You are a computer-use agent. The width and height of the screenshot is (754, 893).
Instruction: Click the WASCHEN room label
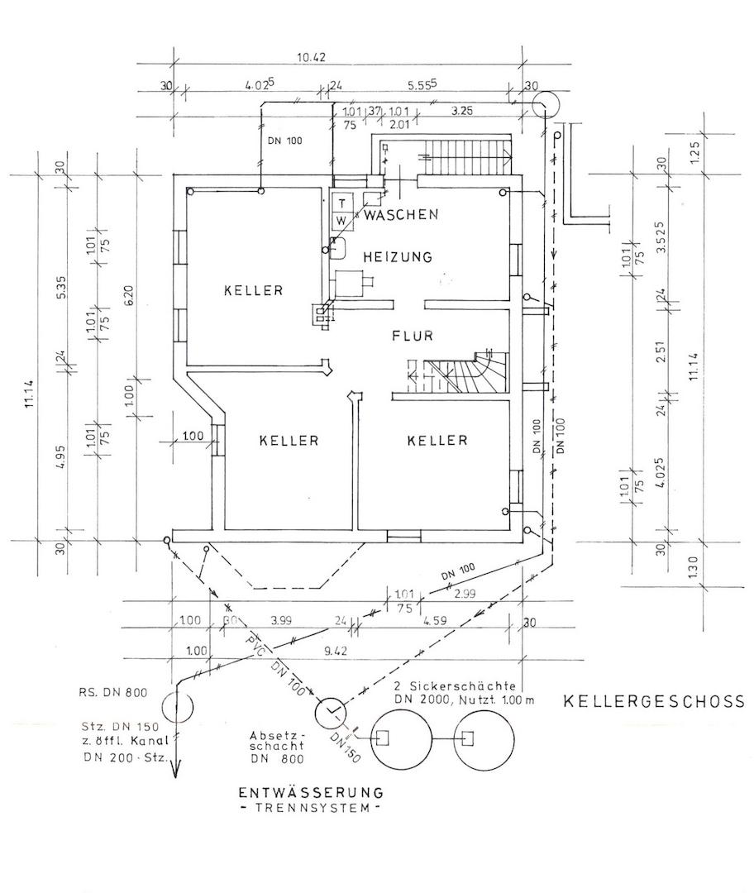point(401,215)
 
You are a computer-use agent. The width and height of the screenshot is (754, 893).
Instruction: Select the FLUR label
point(413,336)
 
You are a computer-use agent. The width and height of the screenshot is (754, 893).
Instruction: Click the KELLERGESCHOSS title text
point(653,702)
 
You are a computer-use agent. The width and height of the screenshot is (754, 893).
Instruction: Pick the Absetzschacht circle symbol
point(331,710)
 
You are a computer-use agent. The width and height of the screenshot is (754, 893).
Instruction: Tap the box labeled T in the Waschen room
point(341,203)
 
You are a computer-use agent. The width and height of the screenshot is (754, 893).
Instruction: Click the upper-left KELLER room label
point(254,290)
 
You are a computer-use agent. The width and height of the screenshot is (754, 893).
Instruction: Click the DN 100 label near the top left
point(285,140)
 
